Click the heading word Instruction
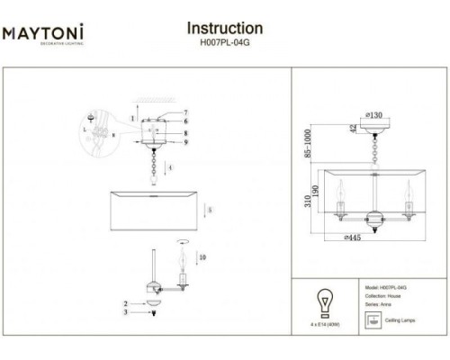224,30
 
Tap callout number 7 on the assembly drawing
185,112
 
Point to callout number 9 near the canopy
185,142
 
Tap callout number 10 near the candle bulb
202,258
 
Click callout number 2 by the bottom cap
127,305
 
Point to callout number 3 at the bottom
127,313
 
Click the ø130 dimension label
375,114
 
